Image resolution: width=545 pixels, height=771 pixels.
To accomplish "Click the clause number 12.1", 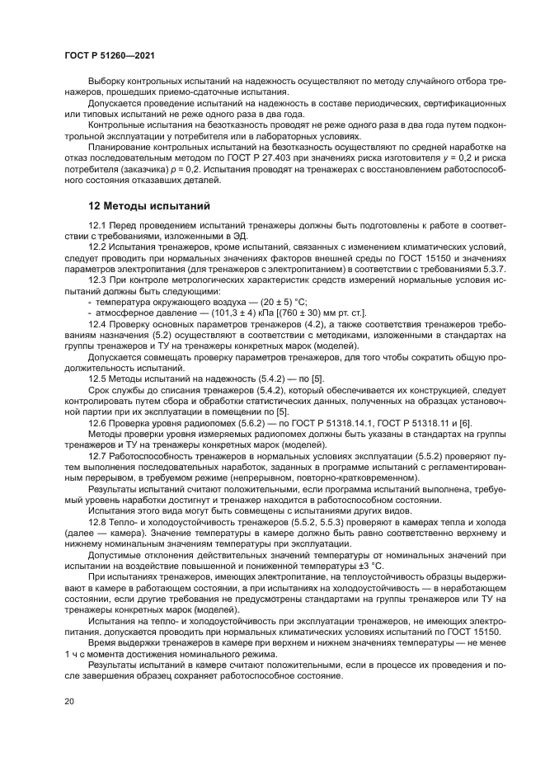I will point(98,225).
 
